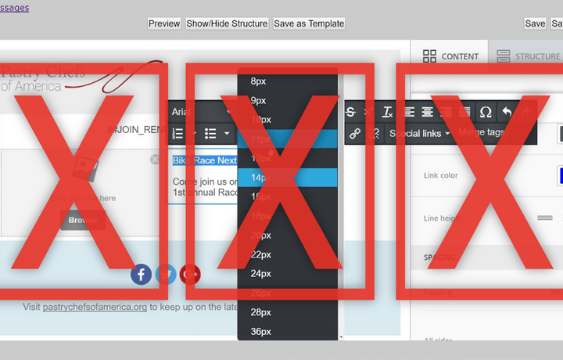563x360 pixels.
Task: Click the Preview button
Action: tap(164, 23)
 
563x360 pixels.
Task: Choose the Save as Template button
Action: tap(309, 23)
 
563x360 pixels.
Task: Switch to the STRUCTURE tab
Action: tap(528, 56)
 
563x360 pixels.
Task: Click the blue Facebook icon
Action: tap(141, 274)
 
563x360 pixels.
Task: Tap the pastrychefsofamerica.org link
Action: tap(95, 307)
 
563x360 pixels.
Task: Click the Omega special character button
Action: tap(486, 112)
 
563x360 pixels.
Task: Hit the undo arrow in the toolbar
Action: tap(506, 112)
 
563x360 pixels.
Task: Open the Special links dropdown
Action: tap(420, 133)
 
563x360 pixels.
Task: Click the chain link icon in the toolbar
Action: tap(354, 133)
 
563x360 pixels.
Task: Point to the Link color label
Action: tap(440, 175)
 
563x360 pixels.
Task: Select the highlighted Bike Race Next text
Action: tap(204, 160)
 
